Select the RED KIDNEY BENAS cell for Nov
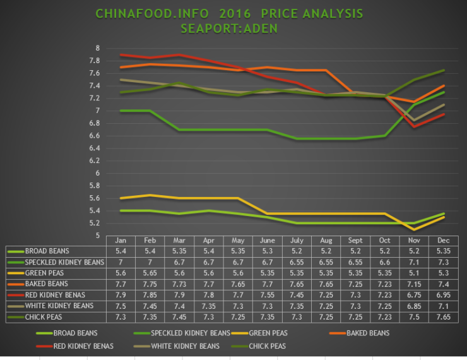[413, 296]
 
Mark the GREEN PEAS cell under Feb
[151, 273]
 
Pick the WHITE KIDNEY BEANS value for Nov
[413, 306]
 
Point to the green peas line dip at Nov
[413, 229]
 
